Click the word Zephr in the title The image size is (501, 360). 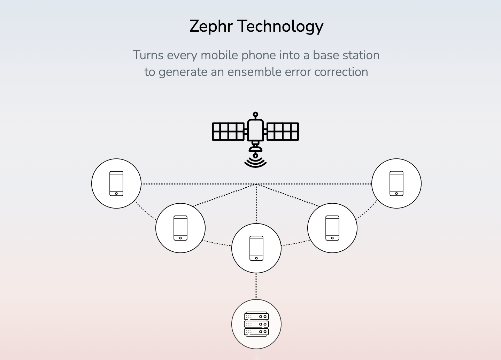click(211, 27)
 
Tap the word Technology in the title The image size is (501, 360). click(282, 27)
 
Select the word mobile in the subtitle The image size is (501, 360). click(219, 55)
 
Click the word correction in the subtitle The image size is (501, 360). click(341, 72)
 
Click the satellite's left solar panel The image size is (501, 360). click(228, 132)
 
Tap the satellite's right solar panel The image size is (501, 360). click(283, 132)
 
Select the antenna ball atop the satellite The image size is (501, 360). click(255, 115)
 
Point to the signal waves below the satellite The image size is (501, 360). click(255, 163)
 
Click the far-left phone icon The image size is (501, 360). click(116, 183)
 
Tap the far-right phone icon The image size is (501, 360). click(396, 183)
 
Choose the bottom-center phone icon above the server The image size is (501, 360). click(256, 248)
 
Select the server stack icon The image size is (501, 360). click(256, 324)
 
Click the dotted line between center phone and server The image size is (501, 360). click(256, 286)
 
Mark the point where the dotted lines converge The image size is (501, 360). click(256, 184)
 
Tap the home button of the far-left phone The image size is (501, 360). click(116, 194)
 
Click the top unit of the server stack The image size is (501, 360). click(256, 316)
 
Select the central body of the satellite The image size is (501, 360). click(255, 130)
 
